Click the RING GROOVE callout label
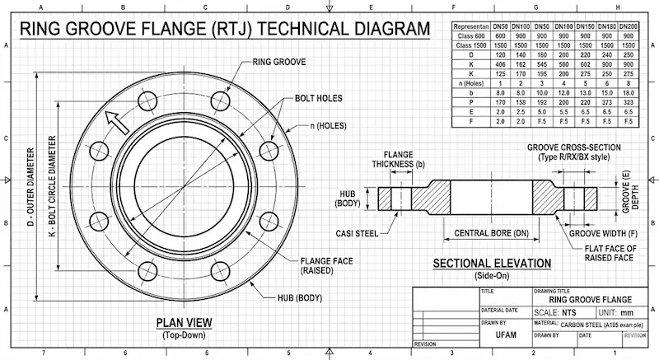coord(279,62)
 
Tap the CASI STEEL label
coord(357,233)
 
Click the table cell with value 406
coord(500,63)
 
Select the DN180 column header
coord(606,26)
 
